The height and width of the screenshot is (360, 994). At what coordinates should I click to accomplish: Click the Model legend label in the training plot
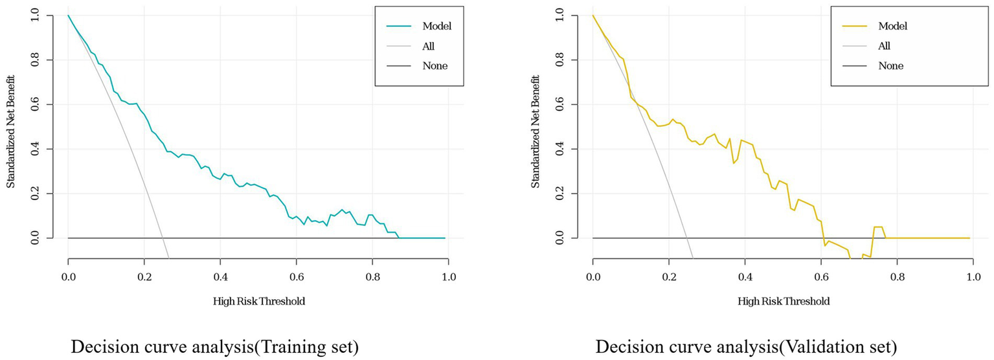pos(436,27)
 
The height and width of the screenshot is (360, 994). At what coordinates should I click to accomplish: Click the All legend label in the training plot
pos(427,46)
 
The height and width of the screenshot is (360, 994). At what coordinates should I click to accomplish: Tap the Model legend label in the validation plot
pos(892,27)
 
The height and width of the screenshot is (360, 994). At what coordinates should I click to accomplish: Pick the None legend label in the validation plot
pos(890,65)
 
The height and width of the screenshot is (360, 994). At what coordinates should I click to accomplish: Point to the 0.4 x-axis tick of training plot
pos(220,277)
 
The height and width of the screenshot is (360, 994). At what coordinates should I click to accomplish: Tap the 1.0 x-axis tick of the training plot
pos(448,277)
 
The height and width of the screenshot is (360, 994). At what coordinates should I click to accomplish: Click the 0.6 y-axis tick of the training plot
pos(36,104)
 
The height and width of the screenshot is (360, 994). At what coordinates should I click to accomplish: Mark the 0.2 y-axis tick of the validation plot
pos(561,194)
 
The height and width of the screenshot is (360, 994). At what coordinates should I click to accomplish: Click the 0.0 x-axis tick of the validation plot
pos(593,277)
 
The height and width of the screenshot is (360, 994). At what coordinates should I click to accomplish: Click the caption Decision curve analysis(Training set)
pos(214,347)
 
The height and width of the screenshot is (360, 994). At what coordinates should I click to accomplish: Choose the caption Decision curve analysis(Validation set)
pos(746,347)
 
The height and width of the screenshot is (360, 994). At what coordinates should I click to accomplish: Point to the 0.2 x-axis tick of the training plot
pos(144,277)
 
